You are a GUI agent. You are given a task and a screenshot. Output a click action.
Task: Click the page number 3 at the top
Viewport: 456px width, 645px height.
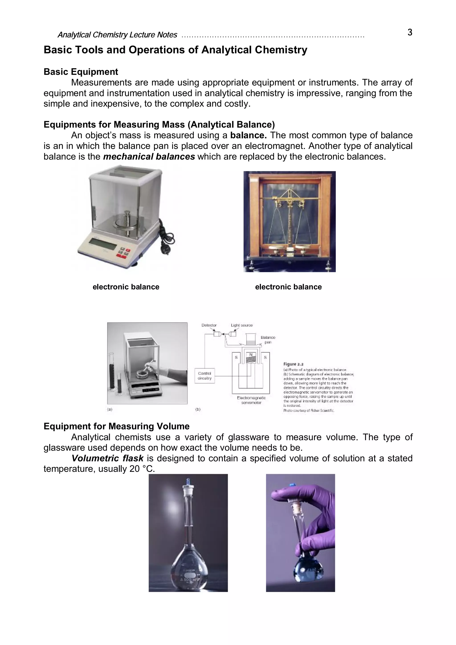410,33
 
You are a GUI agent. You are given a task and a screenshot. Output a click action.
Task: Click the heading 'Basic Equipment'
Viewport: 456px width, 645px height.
81,72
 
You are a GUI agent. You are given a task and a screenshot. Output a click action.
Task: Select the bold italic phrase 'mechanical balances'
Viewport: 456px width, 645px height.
149,157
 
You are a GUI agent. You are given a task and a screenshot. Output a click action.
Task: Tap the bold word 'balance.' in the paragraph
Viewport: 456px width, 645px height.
248,135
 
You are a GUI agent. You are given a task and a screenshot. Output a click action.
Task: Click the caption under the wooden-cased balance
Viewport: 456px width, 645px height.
288,287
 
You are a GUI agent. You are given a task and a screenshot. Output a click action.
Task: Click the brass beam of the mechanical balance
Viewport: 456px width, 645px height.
289,200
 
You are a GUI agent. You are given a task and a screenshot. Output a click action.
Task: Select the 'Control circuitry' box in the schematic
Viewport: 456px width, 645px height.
205,376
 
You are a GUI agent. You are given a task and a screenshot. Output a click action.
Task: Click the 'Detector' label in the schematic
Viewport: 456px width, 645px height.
209,325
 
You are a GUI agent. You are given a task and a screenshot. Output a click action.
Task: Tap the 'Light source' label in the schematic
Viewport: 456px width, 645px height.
242,325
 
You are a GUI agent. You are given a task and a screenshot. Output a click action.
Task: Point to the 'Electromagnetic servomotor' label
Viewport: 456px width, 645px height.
251,400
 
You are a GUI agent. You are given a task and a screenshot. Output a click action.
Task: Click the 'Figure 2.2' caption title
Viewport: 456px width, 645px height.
293,364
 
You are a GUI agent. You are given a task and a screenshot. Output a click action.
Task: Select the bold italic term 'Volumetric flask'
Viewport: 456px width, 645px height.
108,458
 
